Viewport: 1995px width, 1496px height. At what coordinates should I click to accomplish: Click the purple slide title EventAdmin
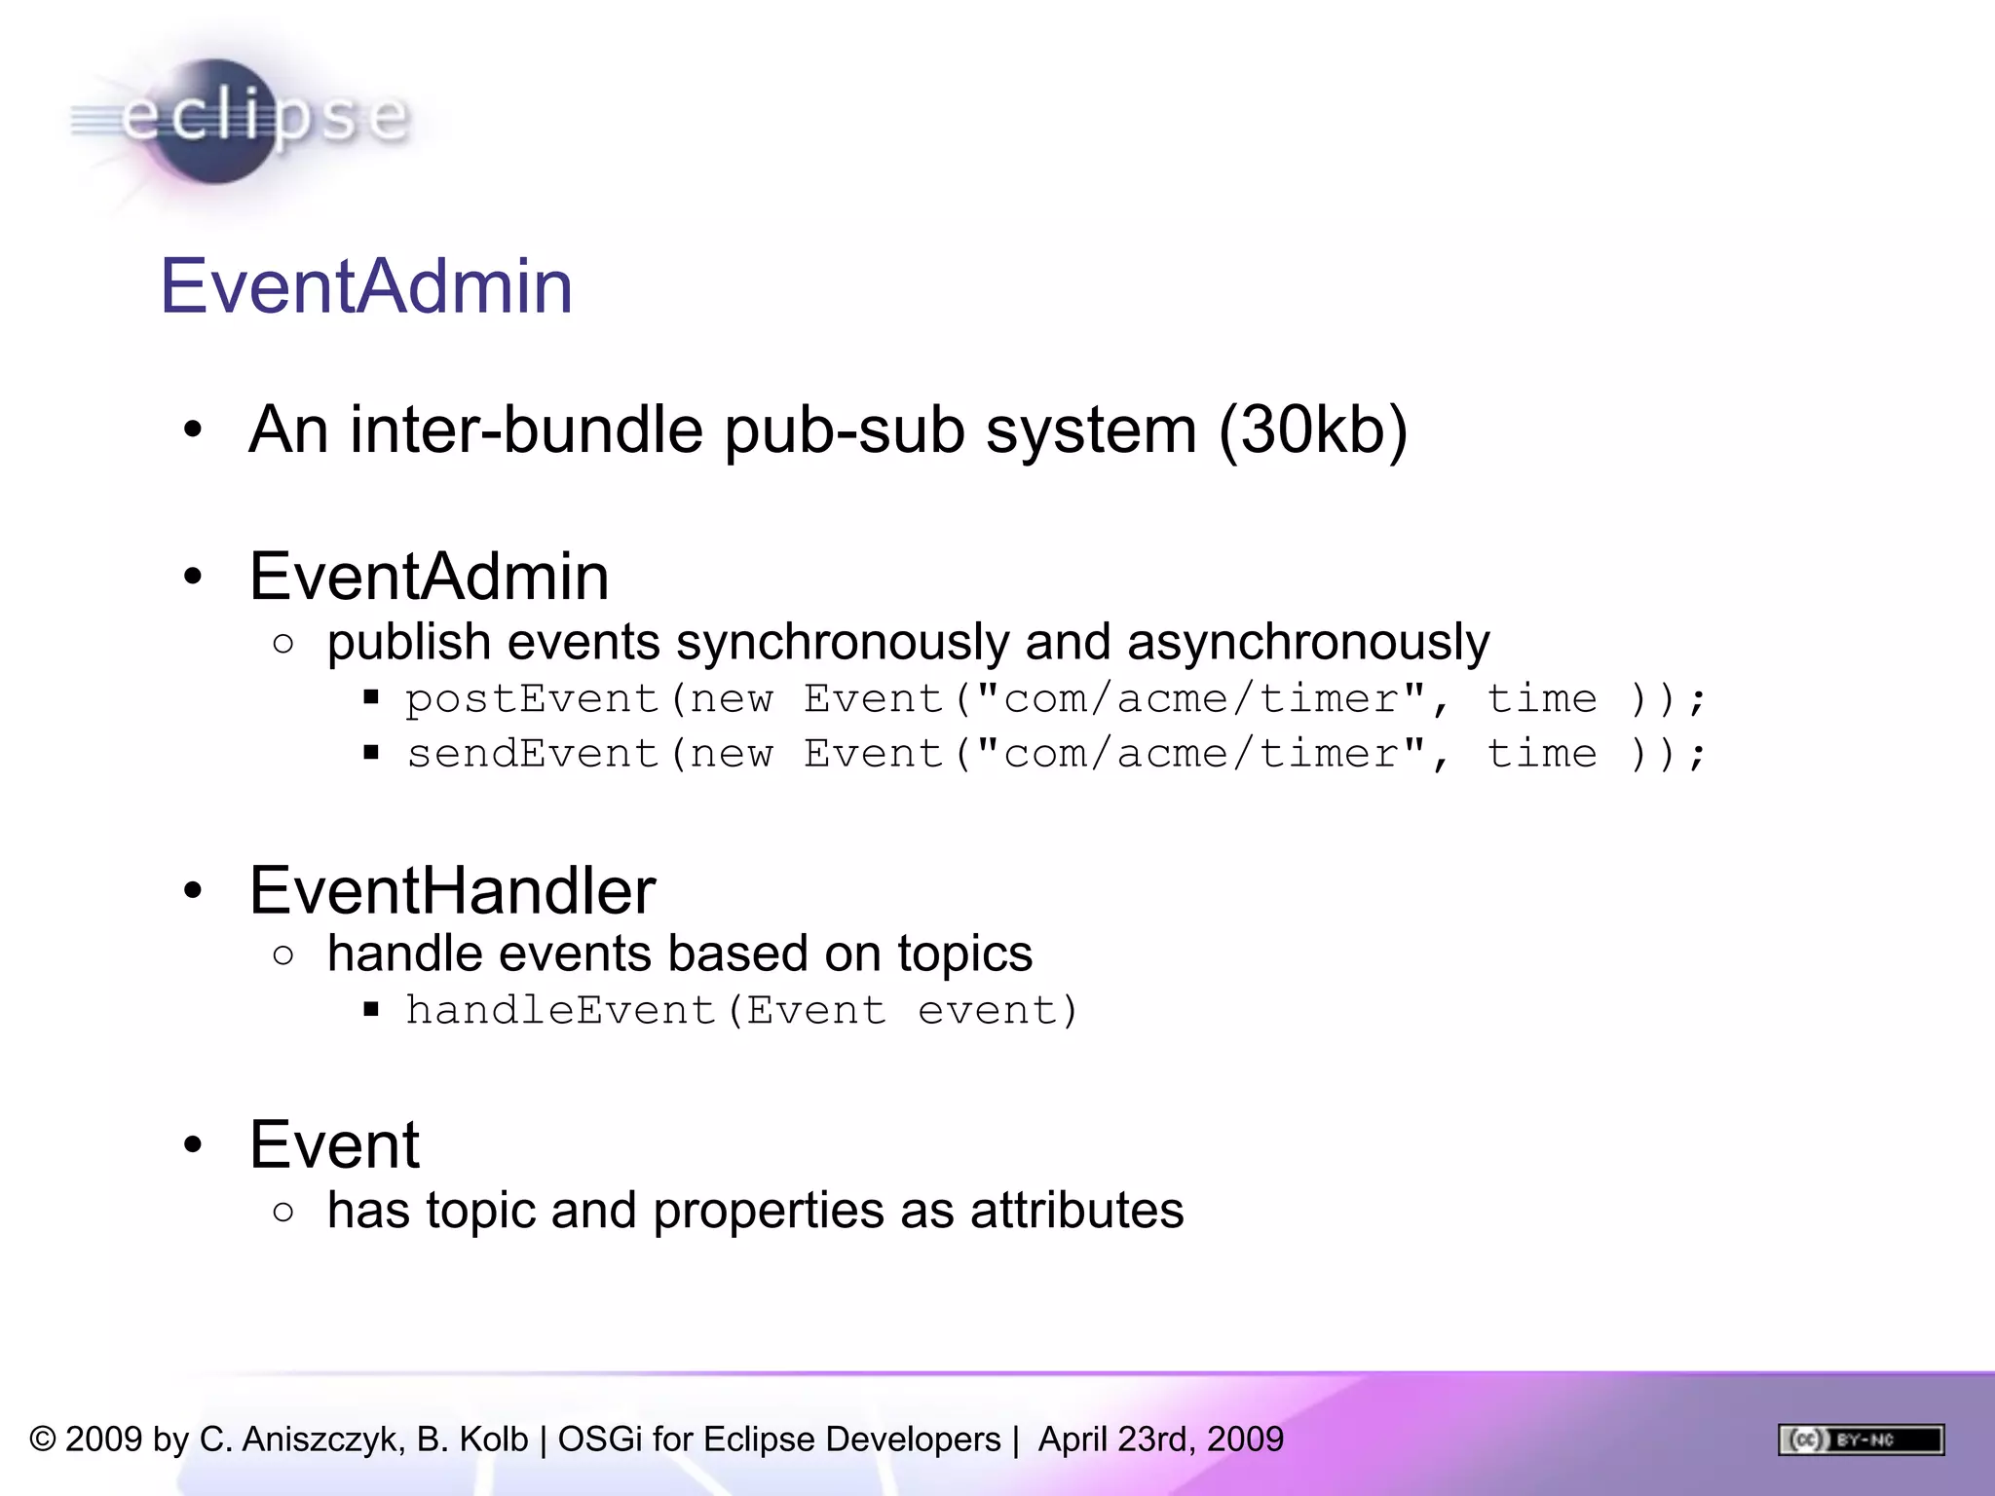366,286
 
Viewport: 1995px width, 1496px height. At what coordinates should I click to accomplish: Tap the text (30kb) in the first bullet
1312,430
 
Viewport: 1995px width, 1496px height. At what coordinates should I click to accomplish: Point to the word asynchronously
1307,643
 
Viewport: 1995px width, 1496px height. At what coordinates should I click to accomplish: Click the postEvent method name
532,699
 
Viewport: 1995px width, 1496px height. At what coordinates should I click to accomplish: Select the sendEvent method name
532,754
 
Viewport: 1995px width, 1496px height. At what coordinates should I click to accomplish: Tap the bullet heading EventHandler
452,890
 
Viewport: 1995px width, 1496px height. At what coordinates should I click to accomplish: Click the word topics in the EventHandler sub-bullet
964,954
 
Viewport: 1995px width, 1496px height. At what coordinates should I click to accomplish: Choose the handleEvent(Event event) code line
741,1010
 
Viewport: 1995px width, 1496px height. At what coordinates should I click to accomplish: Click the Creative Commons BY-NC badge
1861,1440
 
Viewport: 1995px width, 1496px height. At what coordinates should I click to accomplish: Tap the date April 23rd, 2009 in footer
1160,1440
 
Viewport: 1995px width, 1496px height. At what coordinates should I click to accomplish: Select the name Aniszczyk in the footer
322,1440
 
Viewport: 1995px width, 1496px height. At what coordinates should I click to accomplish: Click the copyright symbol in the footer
43,1440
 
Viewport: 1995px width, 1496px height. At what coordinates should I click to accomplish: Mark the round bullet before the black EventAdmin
193,577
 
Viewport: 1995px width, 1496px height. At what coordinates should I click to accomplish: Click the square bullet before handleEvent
371,1010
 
